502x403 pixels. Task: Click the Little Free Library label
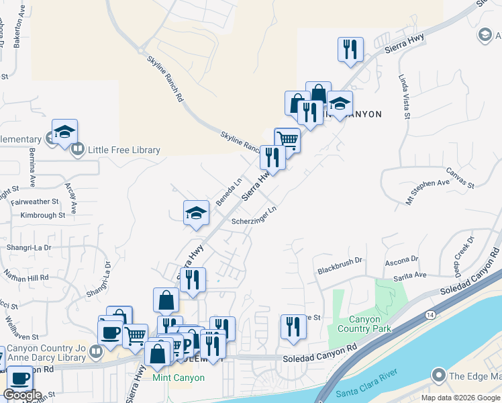(118, 150)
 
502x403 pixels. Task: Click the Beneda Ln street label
(228, 191)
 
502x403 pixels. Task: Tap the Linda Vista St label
(404, 97)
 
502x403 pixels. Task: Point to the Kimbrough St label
(43, 216)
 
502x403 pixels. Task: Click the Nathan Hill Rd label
(26, 277)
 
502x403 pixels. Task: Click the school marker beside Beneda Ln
(196, 214)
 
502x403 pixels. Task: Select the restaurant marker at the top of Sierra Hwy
(350, 49)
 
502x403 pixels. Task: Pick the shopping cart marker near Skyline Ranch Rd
(287, 140)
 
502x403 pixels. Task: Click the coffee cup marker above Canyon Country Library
(110, 332)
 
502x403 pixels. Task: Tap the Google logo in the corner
(22, 395)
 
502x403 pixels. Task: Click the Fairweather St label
(40, 201)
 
